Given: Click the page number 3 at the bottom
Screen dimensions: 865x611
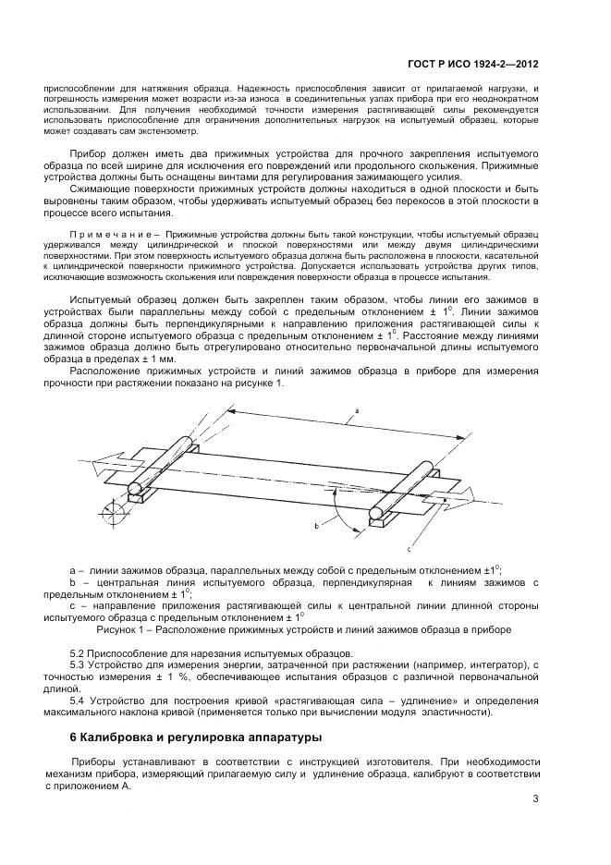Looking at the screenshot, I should [535, 800].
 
